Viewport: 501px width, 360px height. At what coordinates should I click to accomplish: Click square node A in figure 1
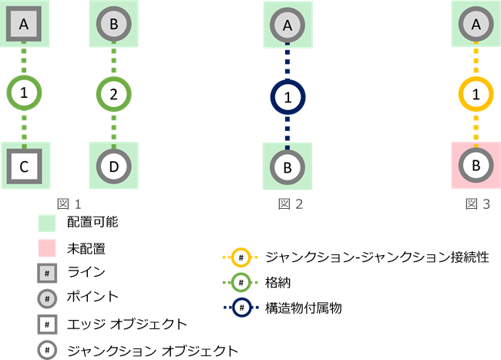24,25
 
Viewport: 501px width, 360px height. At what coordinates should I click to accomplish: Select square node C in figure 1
24,164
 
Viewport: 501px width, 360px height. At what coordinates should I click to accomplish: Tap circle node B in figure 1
113,25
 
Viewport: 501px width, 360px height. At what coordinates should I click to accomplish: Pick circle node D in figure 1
113,164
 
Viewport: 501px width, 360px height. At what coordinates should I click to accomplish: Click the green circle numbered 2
113,95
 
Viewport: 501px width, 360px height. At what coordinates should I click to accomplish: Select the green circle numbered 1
24,95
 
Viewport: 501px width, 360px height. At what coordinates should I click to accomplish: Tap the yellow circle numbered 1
476,95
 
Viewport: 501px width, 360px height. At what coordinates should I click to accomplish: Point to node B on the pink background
476,165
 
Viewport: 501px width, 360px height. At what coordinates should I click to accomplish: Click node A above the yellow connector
476,25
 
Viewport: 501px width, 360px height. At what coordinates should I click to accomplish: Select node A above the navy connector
288,25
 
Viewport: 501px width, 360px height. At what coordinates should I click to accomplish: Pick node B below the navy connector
288,165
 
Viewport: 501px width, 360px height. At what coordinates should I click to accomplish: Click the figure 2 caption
291,204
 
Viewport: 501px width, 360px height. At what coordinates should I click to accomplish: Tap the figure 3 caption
478,204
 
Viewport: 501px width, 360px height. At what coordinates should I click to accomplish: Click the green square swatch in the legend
48,224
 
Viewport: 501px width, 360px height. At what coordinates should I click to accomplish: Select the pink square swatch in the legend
48,249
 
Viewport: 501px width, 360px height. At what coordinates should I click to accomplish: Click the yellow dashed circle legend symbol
240,257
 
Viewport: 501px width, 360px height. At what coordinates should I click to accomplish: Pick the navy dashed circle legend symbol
240,308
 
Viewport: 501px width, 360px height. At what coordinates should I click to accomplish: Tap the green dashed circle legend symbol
240,282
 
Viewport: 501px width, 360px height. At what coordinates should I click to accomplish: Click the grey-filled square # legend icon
48,274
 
